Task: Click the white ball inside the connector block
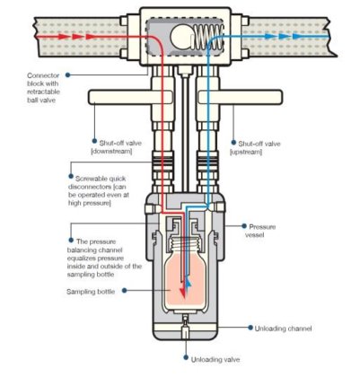[181, 38]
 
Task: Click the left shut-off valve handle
[130, 97]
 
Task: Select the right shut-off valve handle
[240, 97]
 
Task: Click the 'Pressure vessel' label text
[259, 231]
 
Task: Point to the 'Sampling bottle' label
[91, 292]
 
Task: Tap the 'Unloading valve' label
[215, 359]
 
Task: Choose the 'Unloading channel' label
[283, 329]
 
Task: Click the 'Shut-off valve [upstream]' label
[255, 148]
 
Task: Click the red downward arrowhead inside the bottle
[182, 292]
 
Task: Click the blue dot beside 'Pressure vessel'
[244, 226]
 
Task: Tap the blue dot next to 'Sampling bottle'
[125, 291]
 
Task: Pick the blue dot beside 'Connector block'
[68, 75]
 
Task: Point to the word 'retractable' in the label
[44, 92]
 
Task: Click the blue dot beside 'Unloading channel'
[250, 328]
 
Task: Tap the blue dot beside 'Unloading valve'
[186, 358]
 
